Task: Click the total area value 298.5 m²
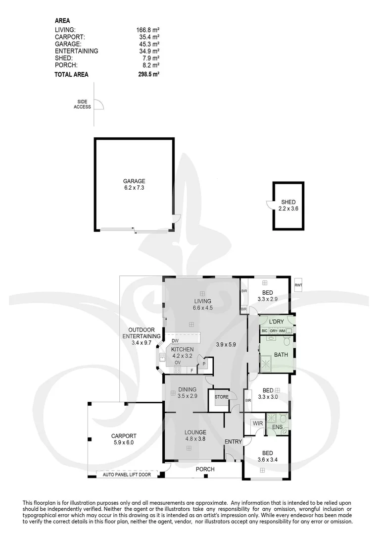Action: (148, 74)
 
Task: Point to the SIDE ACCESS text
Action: (82, 104)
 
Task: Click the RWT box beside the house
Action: (298, 285)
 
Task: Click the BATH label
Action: (281, 355)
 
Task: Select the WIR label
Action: (257, 424)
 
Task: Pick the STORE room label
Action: (221, 397)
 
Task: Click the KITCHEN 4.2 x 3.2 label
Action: (183, 353)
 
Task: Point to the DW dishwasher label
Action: (175, 341)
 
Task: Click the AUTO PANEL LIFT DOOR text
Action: (130, 475)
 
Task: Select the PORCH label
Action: (205, 469)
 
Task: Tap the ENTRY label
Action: (233, 441)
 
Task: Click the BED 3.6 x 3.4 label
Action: (267, 456)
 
